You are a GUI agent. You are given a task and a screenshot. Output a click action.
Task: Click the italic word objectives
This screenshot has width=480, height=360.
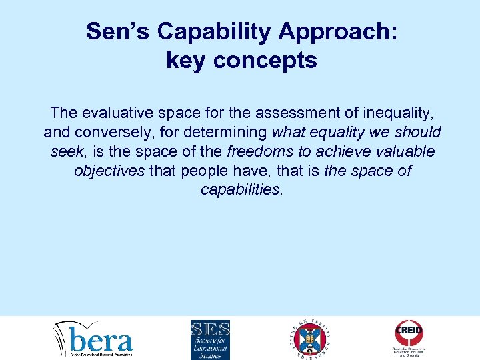(x=109, y=170)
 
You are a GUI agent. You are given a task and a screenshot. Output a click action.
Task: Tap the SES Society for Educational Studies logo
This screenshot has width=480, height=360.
(x=210, y=339)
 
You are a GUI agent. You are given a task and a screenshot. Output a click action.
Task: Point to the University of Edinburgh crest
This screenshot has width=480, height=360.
(x=311, y=339)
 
